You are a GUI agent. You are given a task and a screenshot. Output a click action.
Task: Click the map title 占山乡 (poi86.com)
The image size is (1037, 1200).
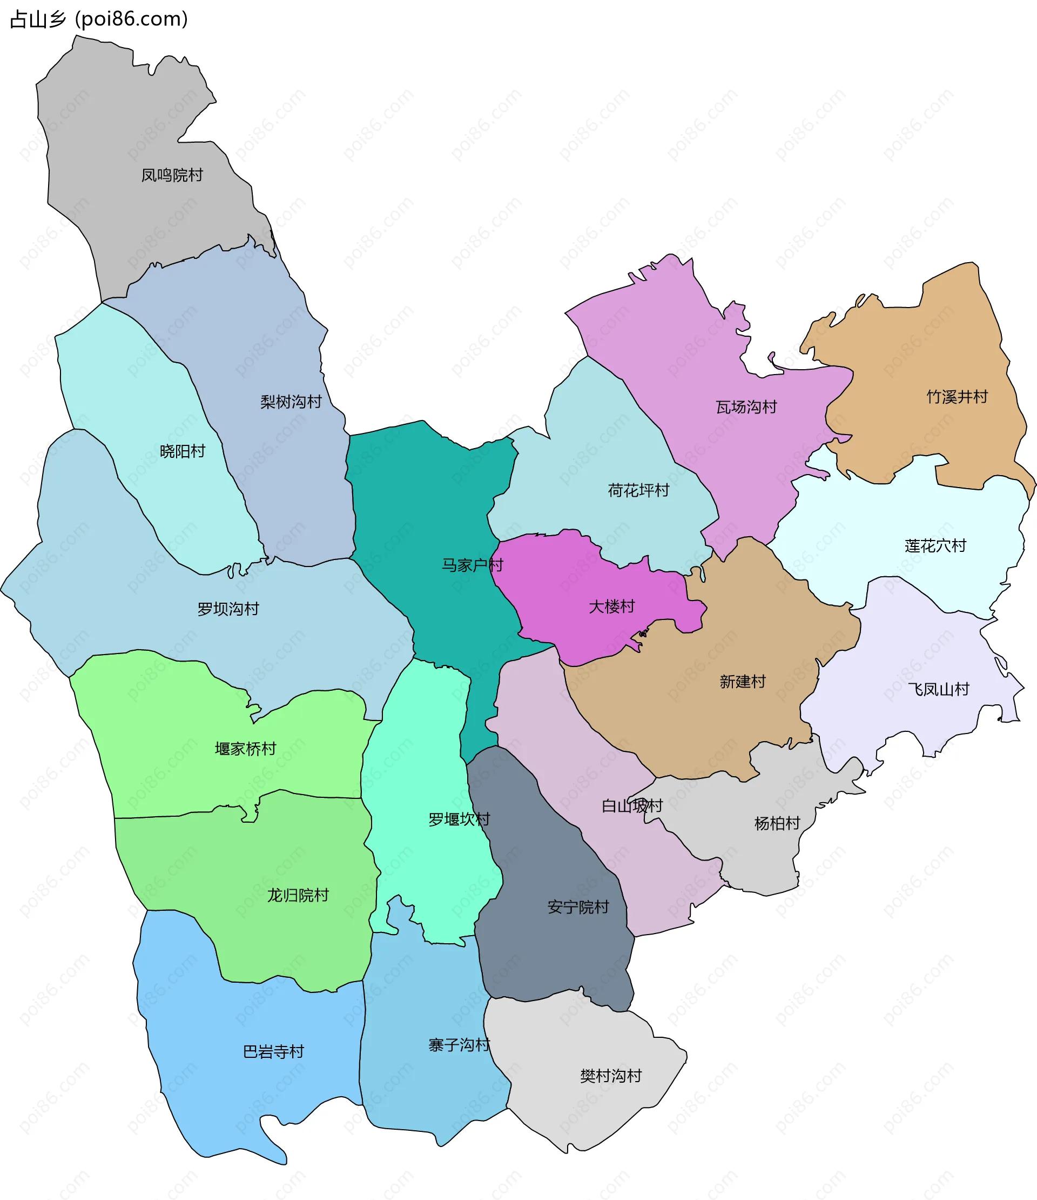click(x=99, y=19)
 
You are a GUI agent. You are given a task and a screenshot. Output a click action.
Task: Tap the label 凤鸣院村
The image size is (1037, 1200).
click(x=172, y=175)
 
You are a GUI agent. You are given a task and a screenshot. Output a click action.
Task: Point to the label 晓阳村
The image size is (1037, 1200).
click(x=183, y=451)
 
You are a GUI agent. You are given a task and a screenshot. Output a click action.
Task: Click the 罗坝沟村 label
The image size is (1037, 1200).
click(x=228, y=609)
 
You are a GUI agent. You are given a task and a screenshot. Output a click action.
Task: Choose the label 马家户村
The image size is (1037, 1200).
click(x=472, y=565)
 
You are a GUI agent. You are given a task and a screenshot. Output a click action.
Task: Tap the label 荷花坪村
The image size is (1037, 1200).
click(x=638, y=491)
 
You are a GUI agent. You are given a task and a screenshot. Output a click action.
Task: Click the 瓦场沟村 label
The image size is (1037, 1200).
click(x=746, y=407)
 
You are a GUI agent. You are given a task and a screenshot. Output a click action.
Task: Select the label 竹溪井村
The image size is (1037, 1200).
click(x=957, y=397)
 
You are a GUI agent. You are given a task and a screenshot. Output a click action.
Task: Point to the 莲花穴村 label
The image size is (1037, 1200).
click(x=935, y=545)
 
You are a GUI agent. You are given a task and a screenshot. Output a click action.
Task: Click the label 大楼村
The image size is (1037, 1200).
click(x=611, y=606)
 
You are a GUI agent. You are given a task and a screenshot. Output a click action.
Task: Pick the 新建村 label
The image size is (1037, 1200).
click(x=743, y=681)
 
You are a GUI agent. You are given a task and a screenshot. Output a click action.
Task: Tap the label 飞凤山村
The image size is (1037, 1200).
click(x=938, y=689)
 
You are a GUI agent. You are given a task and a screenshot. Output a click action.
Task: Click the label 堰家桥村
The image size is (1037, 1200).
click(x=245, y=749)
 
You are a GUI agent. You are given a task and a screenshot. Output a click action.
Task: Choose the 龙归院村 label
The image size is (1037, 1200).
click(x=298, y=895)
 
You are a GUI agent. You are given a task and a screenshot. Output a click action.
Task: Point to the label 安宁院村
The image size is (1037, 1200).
click(x=578, y=907)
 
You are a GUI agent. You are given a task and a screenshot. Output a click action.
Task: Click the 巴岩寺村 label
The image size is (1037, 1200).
click(x=273, y=1051)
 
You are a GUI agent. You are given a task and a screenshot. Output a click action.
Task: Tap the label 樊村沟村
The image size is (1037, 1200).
click(x=611, y=1076)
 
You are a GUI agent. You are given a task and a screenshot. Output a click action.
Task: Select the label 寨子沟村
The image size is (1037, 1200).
click(x=459, y=1045)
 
